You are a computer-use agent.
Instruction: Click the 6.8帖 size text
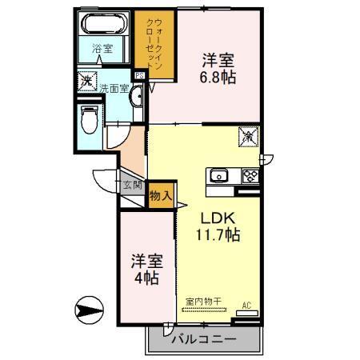coord(216,78)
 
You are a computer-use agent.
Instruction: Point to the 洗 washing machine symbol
coord(86,81)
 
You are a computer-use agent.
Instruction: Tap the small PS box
coord(139,77)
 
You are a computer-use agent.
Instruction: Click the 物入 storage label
coord(160,194)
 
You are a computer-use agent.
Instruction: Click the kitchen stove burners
coord(249,175)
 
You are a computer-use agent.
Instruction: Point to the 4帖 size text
coord(145,278)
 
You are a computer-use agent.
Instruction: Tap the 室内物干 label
coord(203,302)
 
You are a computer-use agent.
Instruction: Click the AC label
coord(246,305)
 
